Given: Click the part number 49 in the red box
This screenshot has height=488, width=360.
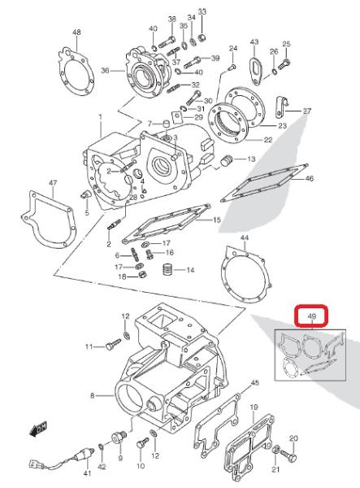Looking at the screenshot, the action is click(x=311, y=316).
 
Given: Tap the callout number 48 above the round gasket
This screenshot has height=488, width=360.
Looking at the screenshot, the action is click(x=76, y=33).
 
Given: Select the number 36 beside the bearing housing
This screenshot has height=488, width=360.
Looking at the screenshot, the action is click(x=105, y=71).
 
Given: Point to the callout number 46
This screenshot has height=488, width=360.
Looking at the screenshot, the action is click(x=310, y=178).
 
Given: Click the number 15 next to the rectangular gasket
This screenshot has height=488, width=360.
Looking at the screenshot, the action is click(x=217, y=220).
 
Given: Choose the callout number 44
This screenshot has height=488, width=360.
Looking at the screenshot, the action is click(x=245, y=237).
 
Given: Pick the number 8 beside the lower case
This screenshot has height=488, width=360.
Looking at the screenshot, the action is click(x=93, y=396).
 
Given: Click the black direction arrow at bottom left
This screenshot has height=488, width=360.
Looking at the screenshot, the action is click(x=38, y=429).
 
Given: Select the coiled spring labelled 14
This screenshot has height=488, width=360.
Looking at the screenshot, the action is click(x=167, y=269).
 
